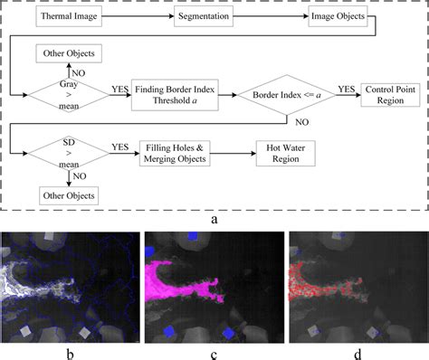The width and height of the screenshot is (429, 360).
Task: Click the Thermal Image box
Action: [x=73, y=16]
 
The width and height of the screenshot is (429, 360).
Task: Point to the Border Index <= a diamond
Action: [x=285, y=91]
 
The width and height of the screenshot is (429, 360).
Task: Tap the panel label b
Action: [x=71, y=347]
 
